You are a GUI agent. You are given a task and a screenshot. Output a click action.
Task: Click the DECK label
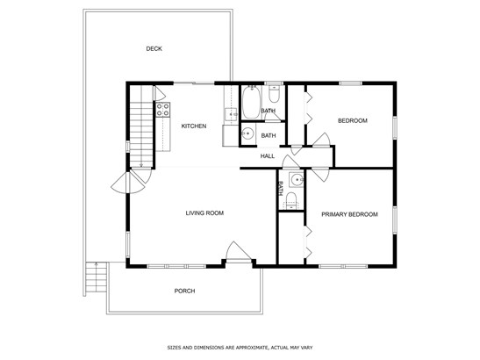tap(154, 48)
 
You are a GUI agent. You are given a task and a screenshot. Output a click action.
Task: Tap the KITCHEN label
tap(194, 126)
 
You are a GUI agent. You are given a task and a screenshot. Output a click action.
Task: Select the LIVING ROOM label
tap(204, 213)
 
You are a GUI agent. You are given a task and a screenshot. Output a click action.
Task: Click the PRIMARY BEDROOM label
tap(349, 214)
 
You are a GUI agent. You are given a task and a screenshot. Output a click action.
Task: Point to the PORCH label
tap(184, 291)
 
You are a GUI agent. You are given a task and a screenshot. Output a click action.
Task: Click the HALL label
tap(268, 156)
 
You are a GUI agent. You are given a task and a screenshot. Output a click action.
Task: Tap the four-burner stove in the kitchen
tap(163, 110)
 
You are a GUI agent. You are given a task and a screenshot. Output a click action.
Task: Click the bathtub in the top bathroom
tap(251, 102)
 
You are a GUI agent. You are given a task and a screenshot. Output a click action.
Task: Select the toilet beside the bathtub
tap(274, 94)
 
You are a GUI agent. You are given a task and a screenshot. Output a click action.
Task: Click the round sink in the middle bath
tap(247, 133)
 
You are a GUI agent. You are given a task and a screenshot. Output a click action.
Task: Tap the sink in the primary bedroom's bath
tap(297, 179)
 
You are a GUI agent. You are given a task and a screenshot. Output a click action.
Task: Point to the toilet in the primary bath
tap(291, 200)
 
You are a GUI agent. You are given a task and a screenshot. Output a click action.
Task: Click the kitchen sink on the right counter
tap(231, 114)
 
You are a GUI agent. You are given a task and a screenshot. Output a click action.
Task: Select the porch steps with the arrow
tap(97, 277)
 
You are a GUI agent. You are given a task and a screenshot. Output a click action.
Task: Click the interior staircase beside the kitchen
tap(141, 126)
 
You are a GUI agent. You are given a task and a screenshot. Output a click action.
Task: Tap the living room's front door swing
tap(238, 250)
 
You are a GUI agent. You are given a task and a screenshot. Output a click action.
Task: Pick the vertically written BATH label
tap(280, 189)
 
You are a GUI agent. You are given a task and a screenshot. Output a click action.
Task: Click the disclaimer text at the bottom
tap(240, 348)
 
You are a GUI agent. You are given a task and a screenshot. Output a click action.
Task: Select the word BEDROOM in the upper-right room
tap(353, 120)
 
